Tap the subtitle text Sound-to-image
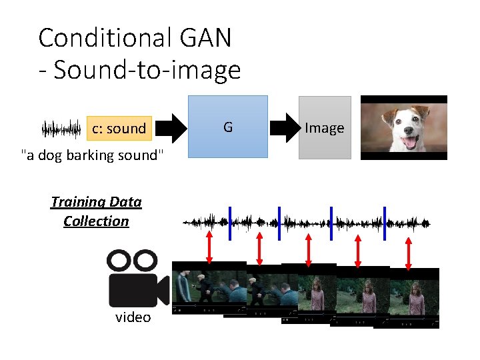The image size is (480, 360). coord(147,69)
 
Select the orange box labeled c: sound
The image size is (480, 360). coord(119,129)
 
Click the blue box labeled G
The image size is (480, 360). coord(227,127)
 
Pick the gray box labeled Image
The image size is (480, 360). coord(324,128)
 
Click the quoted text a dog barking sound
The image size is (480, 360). coord(92,156)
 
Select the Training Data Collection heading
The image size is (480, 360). coord(96,211)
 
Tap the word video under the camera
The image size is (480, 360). coord(133,317)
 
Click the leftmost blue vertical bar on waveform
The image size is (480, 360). coord(230,223)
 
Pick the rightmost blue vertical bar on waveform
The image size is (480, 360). coord(385,223)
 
